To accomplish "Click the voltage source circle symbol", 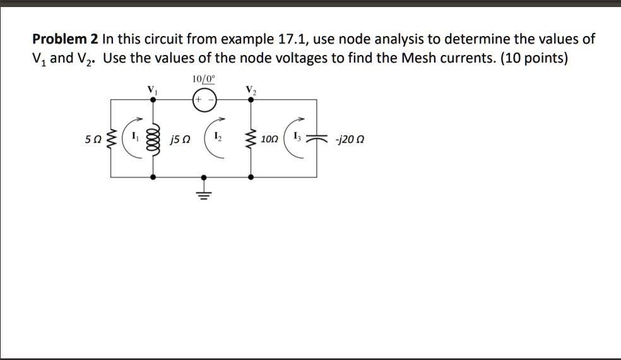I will click(204, 100).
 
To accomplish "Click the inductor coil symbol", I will click(151, 138).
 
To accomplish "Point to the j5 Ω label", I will click(177, 138).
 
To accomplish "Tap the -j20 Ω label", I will click(351, 138).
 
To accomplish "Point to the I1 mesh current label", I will click(133, 135).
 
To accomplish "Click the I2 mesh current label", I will click(217, 135).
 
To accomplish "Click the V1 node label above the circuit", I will click(151, 90).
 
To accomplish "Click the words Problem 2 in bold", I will click(66, 39).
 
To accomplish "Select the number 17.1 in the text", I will click(293, 39).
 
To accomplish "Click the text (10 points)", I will click(533, 59).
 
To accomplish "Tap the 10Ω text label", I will click(269, 138).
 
